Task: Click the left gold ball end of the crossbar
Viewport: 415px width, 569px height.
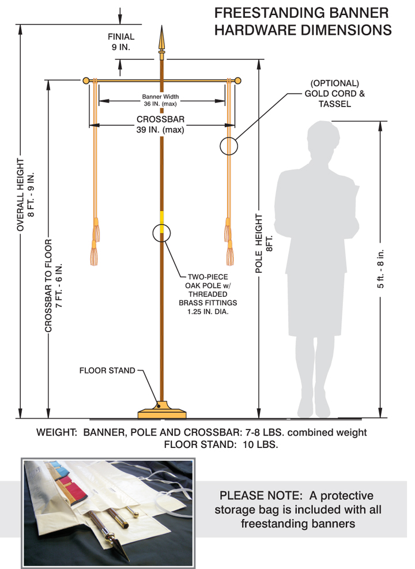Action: point(86,80)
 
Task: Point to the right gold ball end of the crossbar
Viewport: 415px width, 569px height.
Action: point(237,80)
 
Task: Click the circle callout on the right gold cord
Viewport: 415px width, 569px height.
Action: point(229,146)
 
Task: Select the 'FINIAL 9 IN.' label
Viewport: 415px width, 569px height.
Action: point(121,42)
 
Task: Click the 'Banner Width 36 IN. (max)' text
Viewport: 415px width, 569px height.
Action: point(161,100)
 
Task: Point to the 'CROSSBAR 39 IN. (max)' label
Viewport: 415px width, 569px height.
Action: point(160,125)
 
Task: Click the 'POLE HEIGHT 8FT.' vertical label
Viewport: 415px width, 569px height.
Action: point(264,242)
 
